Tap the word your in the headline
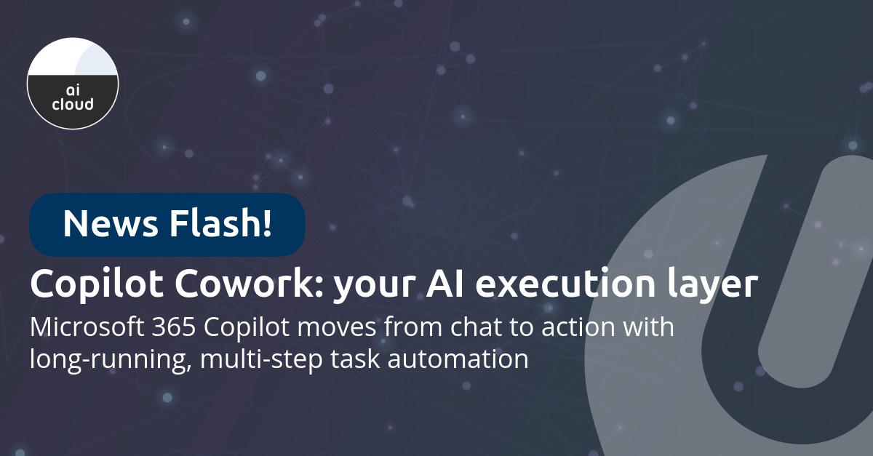[x=371, y=285]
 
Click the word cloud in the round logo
[x=73, y=104]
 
